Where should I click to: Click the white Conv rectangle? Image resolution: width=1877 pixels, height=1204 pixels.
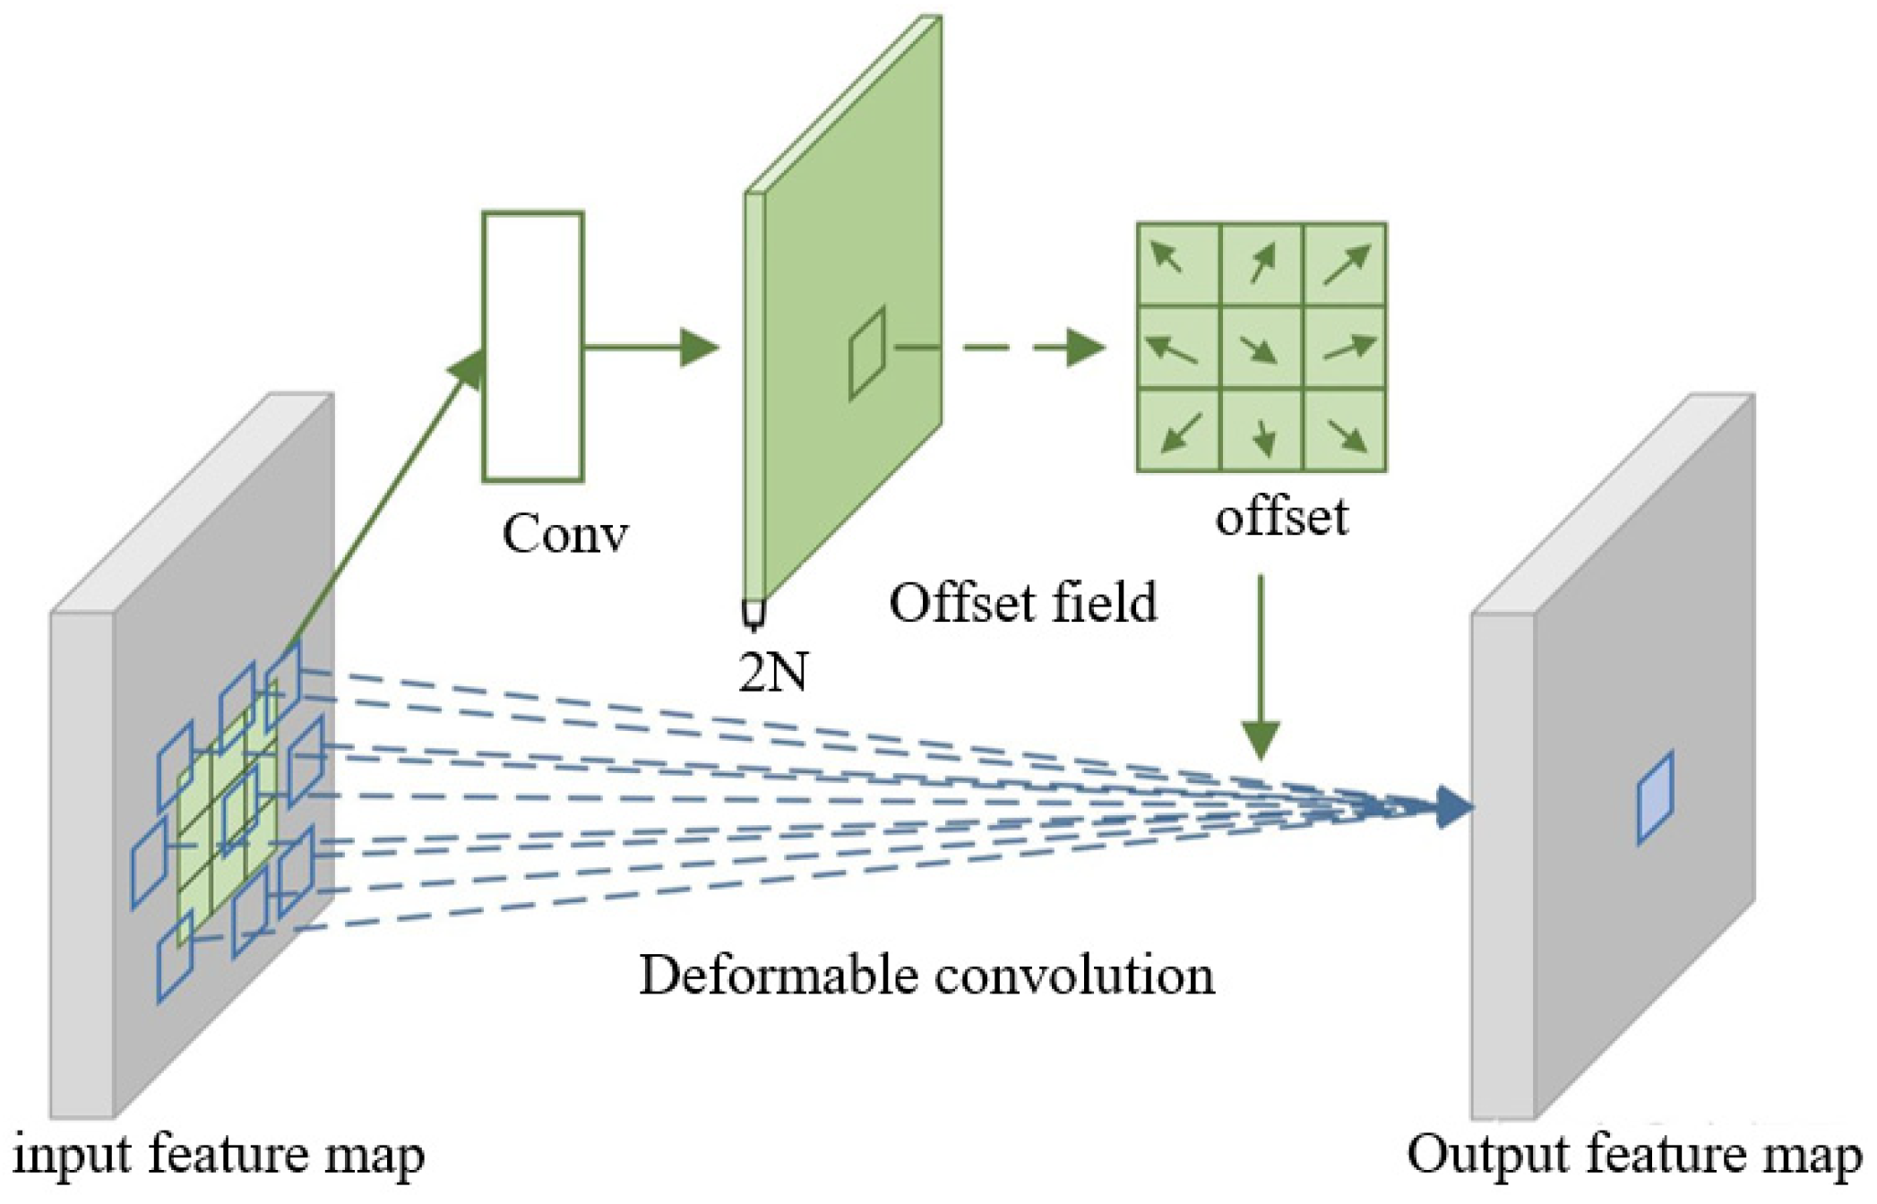(533, 347)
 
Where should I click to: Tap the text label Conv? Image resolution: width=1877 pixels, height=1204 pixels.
(564, 535)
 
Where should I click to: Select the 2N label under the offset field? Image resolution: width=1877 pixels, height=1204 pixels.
(772, 672)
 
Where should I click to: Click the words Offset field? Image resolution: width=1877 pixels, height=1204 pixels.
(1022, 603)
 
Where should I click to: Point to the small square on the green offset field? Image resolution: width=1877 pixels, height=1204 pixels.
(866, 352)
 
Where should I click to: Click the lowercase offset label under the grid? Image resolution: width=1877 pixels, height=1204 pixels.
(1281, 517)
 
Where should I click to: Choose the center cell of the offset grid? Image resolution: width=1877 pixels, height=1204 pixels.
(1261, 348)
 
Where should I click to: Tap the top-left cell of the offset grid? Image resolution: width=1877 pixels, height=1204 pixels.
(1178, 265)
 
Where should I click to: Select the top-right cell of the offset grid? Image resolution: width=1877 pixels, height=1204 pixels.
(1345, 265)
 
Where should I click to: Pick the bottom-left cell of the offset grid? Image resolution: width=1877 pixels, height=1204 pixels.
(1178, 430)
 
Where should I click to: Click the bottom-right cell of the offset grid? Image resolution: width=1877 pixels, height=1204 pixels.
(1345, 430)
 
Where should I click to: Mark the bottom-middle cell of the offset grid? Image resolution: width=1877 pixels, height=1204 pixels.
(1261, 430)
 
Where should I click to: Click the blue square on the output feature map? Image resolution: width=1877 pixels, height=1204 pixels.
(1655, 797)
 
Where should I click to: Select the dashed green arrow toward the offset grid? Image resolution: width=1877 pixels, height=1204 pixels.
(1030, 348)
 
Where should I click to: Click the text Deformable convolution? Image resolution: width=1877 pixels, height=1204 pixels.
(926, 976)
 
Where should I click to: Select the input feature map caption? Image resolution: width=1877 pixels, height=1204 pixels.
(219, 1155)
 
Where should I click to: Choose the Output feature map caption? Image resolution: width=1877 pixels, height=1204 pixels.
(1632, 1155)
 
